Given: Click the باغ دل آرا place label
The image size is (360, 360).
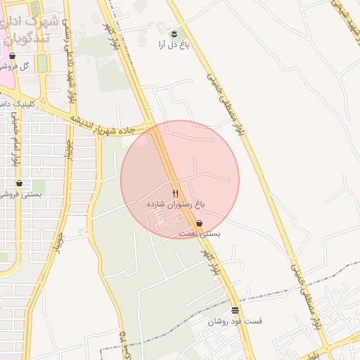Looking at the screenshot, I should (x=171, y=44).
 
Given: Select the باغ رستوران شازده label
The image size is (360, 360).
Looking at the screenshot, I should (x=175, y=203).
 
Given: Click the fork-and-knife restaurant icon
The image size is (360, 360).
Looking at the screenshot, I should (x=175, y=193).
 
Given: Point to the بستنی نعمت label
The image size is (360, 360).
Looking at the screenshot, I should (x=199, y=233).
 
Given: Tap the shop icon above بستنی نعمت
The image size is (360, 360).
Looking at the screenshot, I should (x=199, y=223).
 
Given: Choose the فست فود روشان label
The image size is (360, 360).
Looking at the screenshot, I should (x=235, y=321).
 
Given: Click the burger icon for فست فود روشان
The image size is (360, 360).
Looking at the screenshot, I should (x=235, y=310).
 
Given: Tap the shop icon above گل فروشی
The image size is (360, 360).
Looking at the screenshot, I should (x=13, y=56).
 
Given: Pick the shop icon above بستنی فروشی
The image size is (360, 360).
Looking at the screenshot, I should (x=19, y=183).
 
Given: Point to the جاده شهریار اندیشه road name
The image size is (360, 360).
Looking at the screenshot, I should (x=108, y=127).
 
